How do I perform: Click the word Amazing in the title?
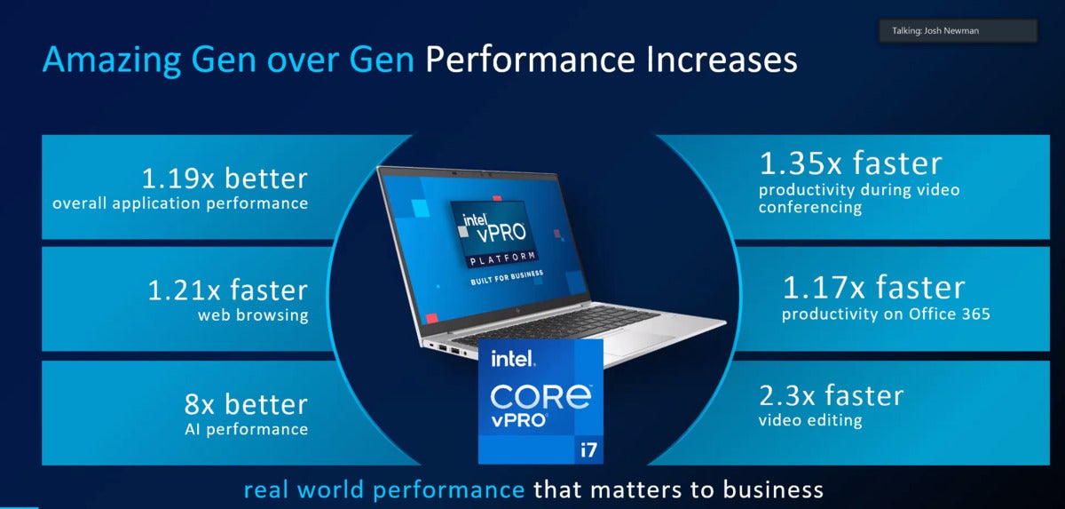(x=112, y=60)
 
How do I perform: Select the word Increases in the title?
(x=722, y=60)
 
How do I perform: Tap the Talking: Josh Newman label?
(x=935, y=31)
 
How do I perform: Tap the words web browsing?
(x=253, y=315)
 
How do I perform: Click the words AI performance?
(x=247, y=430)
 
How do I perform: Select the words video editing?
(x=810, y=420)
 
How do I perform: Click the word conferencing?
(x=810, y=207)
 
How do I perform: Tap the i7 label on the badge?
(x=588, y=450)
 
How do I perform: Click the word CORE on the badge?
(x=540, y=396)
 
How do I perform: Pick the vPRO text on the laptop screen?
(x=501, y=233)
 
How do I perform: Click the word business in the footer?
(x=773, y=490)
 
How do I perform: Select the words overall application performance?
(x=180, y=203)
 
